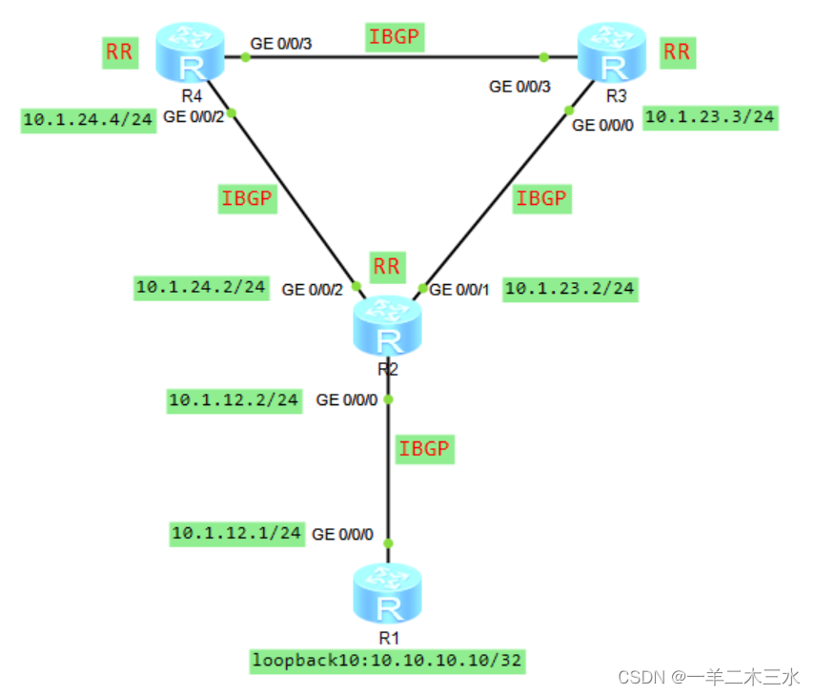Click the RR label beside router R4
pos(119,51)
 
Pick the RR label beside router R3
pos(676,51)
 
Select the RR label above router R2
pos(386,266)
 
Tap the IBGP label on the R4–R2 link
pos(248,199)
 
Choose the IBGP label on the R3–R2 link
pos(541,199)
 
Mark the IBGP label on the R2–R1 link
pos(424,448)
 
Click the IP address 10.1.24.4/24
pos(88,120)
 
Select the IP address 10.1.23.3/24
pos(710,118)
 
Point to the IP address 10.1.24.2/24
pos(201,286)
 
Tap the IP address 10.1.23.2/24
pos(570,289)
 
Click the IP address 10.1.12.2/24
pos(234,400)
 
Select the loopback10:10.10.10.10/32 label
pos(389,660)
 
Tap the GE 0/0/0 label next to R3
pos(602,125)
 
